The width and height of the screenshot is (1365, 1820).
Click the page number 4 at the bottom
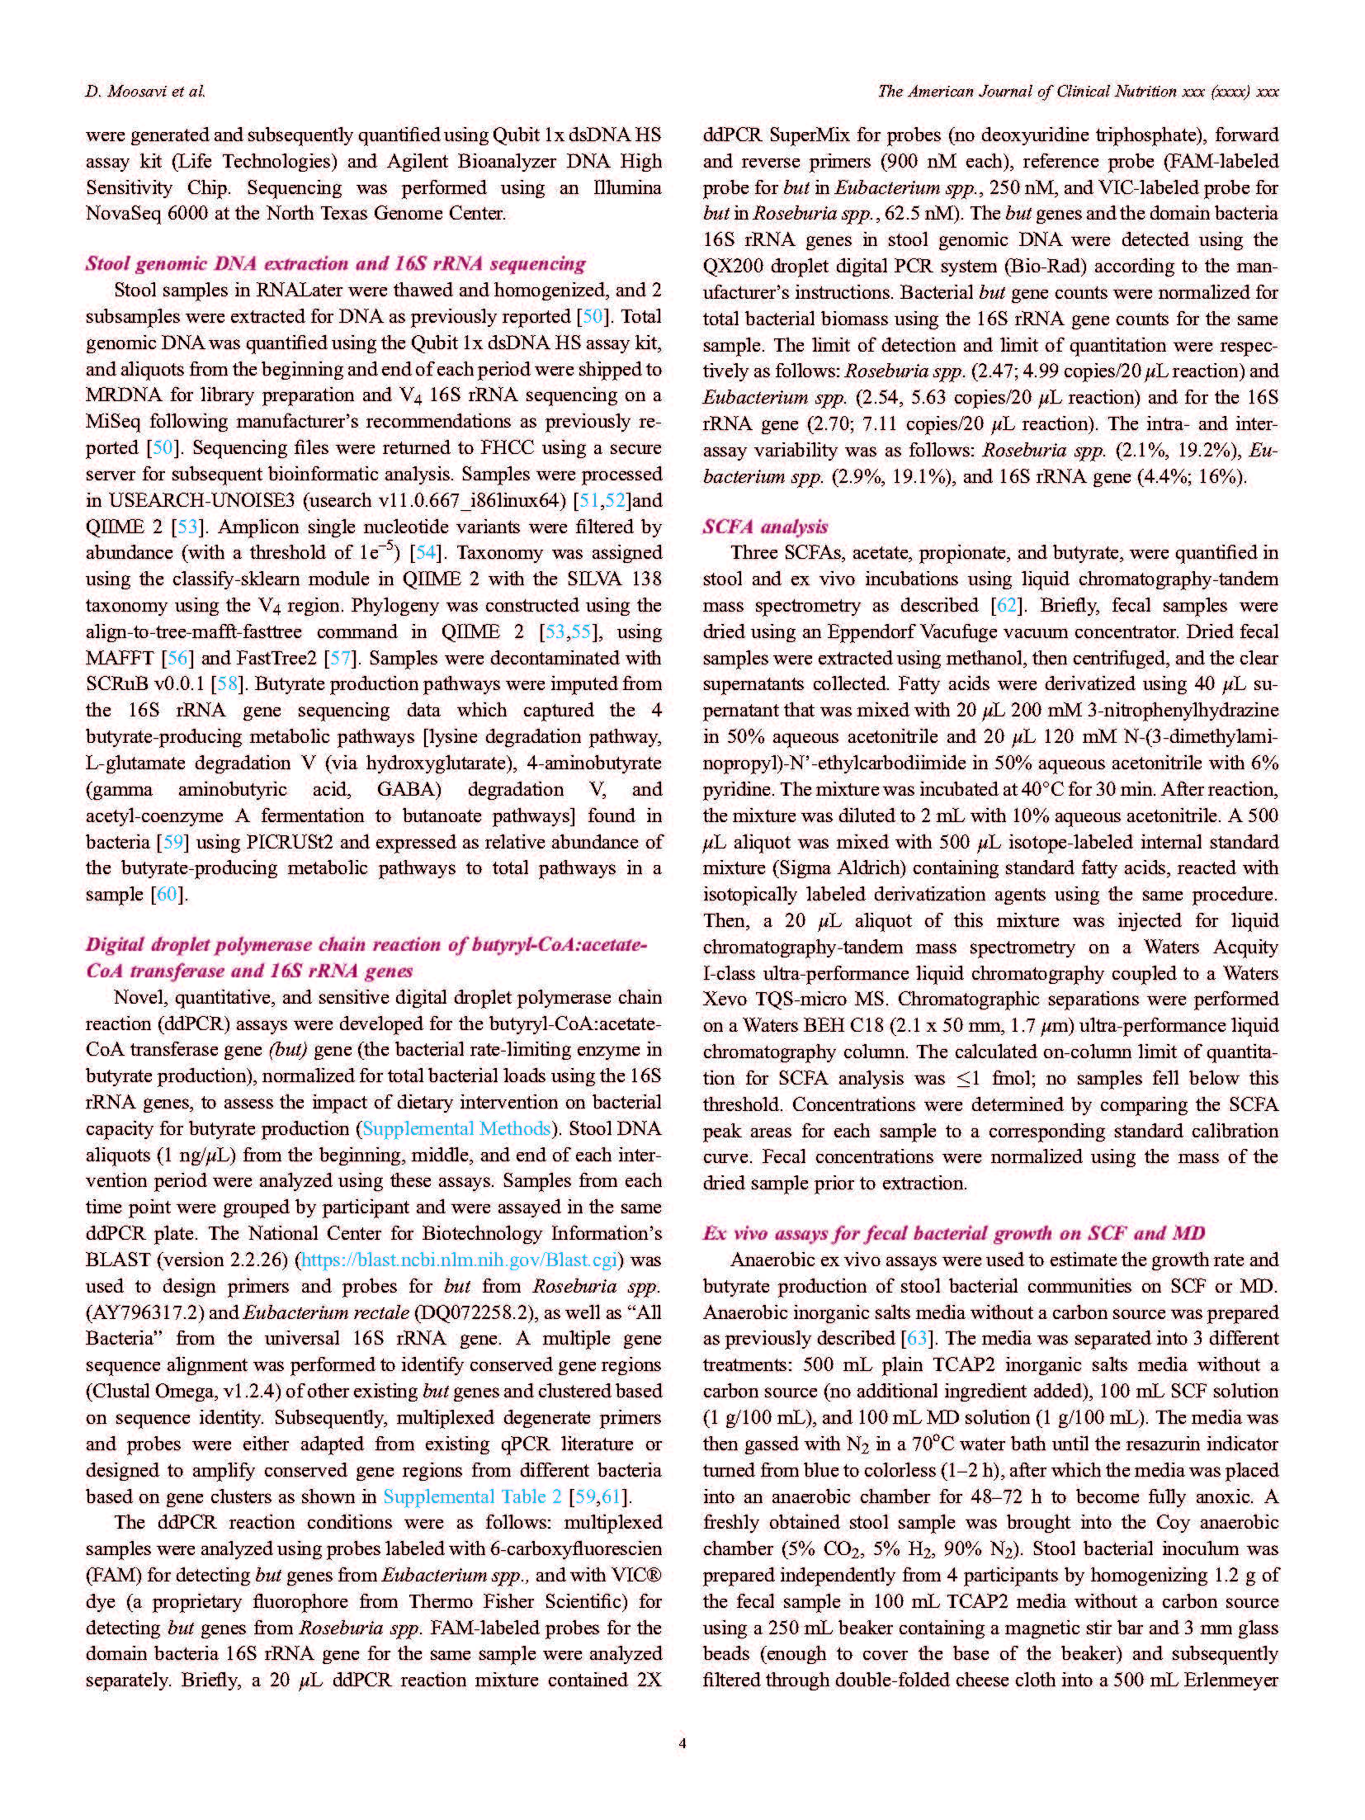point(682,1742)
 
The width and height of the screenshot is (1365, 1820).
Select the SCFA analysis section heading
point(765,527)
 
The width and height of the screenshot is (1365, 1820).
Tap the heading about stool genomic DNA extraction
point(335,264)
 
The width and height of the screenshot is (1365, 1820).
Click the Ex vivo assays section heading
point(953,1233)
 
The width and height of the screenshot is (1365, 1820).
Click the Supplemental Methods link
point(456,1128)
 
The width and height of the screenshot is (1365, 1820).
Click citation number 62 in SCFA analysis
point(1006,605)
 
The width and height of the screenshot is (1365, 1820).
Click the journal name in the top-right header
point(1078,92)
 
